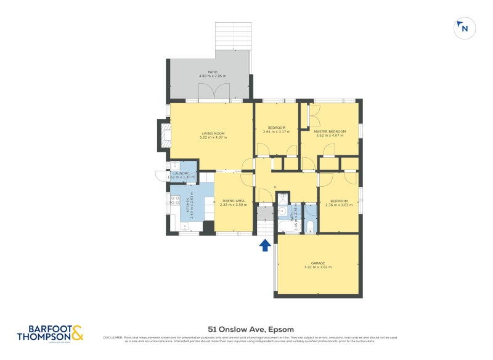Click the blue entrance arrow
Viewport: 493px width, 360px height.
click(x=265, y=245)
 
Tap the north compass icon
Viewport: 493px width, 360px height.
click(x=463, y=28)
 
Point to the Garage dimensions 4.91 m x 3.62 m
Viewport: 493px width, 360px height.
click(x=318, y=267)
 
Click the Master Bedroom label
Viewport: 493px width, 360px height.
click(x=330, y=131)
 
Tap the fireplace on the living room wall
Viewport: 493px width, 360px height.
click(x=164, y=135)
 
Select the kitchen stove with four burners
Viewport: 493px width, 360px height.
click(x=174, y=200)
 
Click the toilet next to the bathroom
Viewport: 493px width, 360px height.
click(x=310, y=226)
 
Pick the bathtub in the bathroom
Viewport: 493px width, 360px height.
click(x=287, y=227)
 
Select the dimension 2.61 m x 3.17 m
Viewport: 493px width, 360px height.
click(x=277, y=132)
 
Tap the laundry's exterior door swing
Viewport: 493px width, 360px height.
click(x=160, y=174)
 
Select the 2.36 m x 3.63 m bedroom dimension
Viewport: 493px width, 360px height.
click(x=338, y=205)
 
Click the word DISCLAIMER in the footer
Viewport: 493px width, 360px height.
click(x=113, y=338)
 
